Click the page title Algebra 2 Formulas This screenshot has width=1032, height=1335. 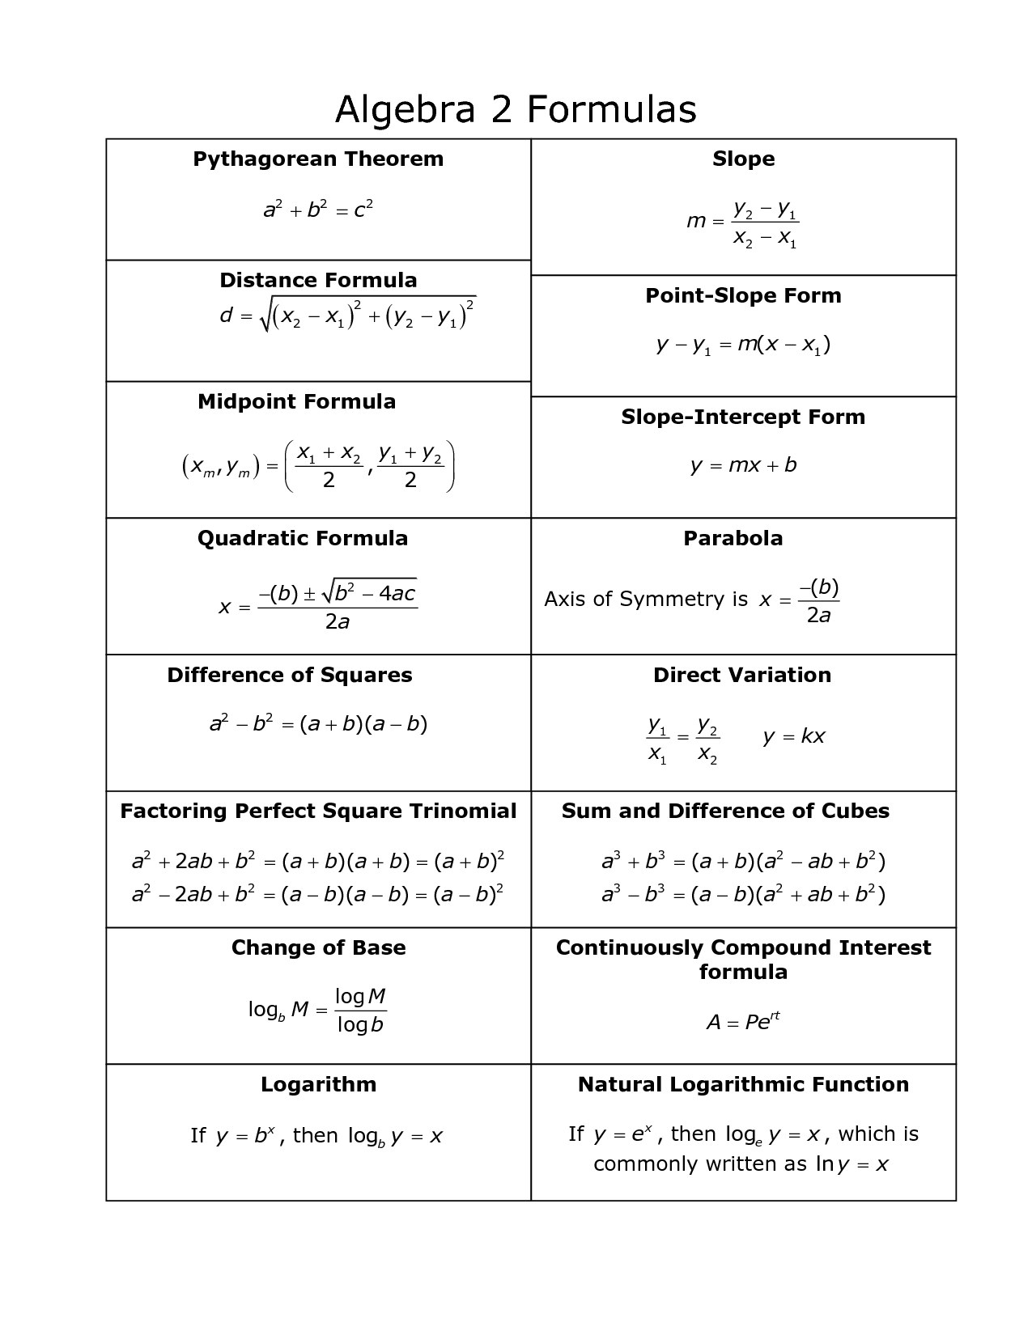click(516, 109)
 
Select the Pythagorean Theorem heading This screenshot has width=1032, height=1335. click(318, 159)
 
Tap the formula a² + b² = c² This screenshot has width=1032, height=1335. click(318, 210)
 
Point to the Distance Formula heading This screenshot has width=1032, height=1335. click(318, 280)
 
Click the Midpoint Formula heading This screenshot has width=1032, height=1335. click(297, 401)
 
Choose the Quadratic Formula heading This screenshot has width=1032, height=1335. click(303, 538)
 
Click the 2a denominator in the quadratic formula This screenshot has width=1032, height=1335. click(337, 622)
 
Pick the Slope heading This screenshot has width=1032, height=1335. click(743, 159)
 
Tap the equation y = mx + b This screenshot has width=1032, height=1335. click(743, 465)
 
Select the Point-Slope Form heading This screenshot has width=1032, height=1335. click(743, 295)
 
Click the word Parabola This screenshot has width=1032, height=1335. click(733, 538)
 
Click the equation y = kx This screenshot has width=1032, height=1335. click(793, 736)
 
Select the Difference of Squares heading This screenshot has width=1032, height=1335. click(290, 675)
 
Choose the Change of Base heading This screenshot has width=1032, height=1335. click(318, 947)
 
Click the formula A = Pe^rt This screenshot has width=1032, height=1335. click(743, 1022)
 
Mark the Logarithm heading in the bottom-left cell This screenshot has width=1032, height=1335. click(318, 1084)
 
